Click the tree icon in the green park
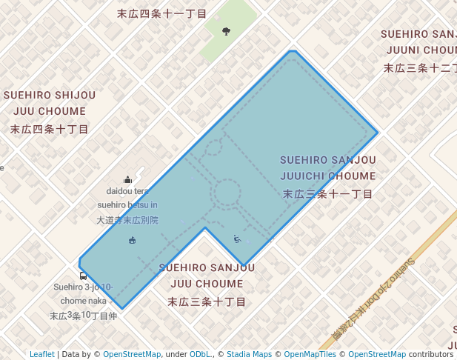tap(226, 31)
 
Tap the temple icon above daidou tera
tap(128, 179)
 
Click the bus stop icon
tap(83, 276)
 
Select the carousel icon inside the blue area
tap(133, 239)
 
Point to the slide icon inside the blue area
tap(237, 239)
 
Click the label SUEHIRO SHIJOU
tap(50, 95)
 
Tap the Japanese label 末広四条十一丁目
tap(162, 13)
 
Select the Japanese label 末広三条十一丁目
tap(328, 193)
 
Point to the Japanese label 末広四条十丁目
tap(50, 129)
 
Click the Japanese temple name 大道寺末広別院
tap(128, 220)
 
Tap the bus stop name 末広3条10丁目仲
tap(83, 316)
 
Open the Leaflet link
tap(42, 354)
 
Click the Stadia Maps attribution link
tap(249, 354)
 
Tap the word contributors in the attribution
tap(430, 354)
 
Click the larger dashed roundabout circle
tap(226, 193)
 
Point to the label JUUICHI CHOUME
tap(328, 176)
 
